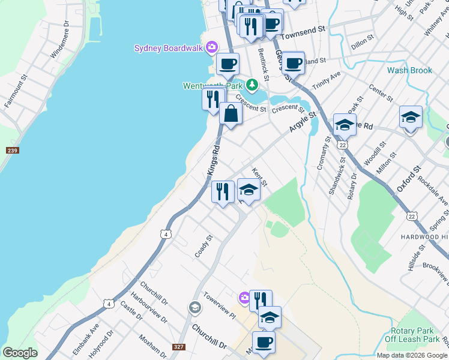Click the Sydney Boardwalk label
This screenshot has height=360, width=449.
[168, 48]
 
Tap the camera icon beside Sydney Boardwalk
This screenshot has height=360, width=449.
[211, 47]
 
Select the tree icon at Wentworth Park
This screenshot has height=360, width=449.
[253, 84]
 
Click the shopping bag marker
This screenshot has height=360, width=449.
[231, 113]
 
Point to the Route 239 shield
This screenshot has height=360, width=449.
[12, 150]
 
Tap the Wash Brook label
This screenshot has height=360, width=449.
[409, 70]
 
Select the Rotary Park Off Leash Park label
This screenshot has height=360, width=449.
[415, 335]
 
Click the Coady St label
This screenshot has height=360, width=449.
[204, 246]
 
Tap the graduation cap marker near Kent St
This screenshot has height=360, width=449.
[249, 190]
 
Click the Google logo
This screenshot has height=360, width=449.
[20, 353]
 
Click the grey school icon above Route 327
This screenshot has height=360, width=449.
[194, 308]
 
